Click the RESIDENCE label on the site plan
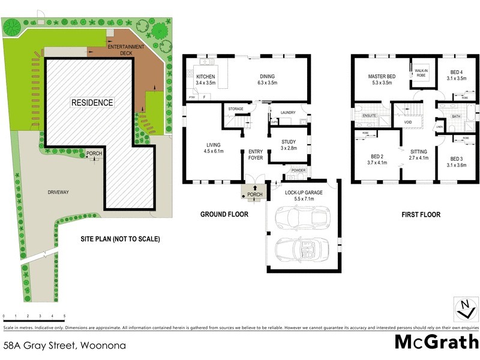(92, 103)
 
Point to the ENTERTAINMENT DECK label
(127, 49)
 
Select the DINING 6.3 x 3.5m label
(268, 79)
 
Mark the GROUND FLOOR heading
(221, 214)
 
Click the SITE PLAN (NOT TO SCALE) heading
(120, 239)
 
